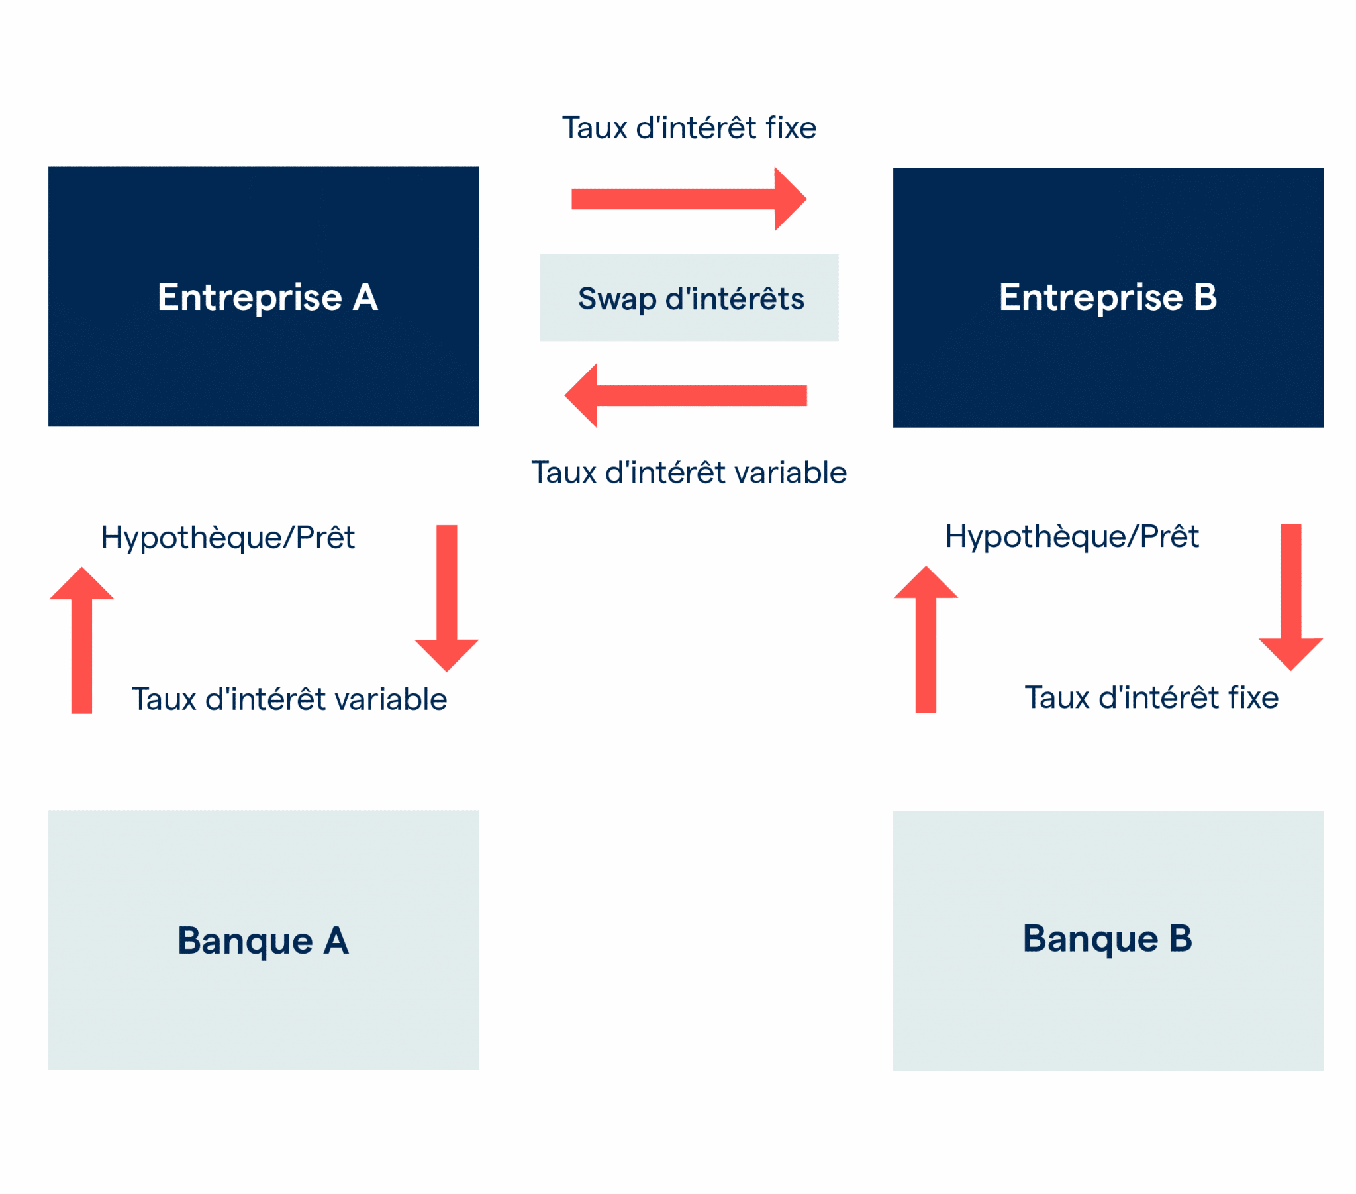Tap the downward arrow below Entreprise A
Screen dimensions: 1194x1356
[446, 597]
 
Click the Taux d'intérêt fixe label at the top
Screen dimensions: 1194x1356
[689, 127]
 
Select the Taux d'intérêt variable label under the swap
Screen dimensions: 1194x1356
[689, 473]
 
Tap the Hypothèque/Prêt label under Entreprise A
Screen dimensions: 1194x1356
[228, 538]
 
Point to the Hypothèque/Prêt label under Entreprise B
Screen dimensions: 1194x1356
[1071, 536]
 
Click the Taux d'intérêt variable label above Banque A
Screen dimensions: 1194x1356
[289, 699]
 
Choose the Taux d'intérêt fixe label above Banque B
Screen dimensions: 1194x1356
[1151, 697]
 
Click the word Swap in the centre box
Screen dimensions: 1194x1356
[616, 299]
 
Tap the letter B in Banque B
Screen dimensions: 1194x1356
[1180, 938]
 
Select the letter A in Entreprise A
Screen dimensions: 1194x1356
[365, 297]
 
